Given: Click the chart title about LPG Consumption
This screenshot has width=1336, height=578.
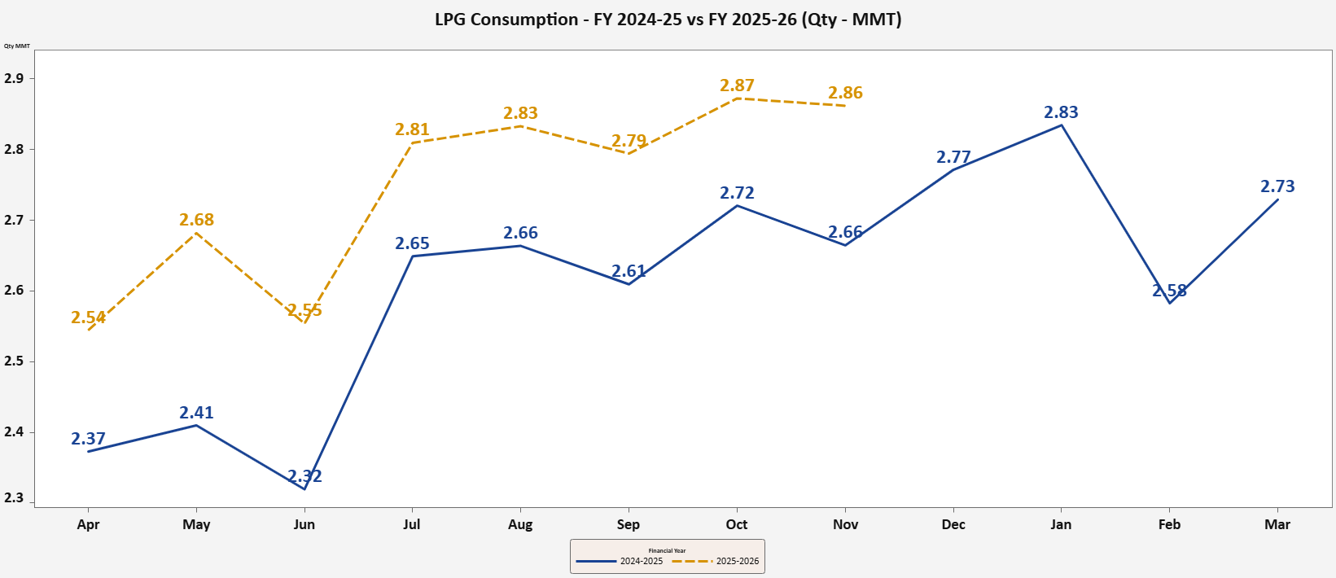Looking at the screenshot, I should tap(668, 20).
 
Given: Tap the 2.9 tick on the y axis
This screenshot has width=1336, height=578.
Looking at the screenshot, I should tap(14, 79).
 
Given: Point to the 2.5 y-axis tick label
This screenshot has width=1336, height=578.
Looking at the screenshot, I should tap(14, 361).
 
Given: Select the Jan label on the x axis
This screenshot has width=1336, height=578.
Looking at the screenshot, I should tap(1061, 524).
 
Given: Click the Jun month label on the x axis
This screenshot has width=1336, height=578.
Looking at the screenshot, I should tap(304, 524).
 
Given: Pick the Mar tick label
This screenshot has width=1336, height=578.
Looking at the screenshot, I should tap(1277, 524).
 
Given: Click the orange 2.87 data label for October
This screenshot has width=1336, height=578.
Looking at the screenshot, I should tap(737, 85).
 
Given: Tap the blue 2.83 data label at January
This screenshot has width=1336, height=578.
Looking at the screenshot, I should tap(1061, 112).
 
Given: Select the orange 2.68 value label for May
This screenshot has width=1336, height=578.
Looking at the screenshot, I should tap(196, 220).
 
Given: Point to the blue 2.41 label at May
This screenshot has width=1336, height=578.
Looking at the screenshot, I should tap(196, 413).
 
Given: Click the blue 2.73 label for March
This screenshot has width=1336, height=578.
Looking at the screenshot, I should tap(1277, 186).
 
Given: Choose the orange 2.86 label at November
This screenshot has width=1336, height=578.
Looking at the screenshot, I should tap(845, 93).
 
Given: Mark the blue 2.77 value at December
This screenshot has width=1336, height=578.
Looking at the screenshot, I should tap(953, 157).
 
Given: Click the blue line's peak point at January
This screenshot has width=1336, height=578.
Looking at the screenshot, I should tap(1061, 125).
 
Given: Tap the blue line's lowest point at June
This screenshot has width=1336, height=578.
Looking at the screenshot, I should tap(304, 488).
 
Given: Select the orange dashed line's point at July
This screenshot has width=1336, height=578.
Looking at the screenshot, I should tap(413, 142).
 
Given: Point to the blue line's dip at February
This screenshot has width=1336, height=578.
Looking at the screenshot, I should tap(1169, 303).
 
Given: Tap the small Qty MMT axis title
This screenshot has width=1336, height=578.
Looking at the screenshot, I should tap(17, 46).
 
